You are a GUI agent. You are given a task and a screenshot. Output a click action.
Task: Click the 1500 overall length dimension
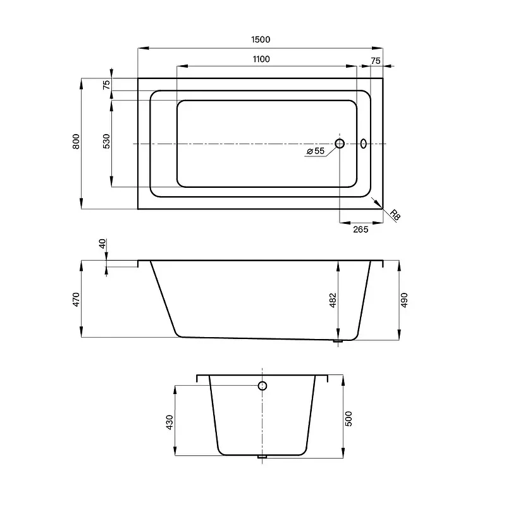[261, 39]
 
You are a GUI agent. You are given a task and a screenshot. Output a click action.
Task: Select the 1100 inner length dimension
[261, 59]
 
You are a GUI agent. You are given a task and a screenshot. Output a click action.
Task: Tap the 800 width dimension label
[76, 141]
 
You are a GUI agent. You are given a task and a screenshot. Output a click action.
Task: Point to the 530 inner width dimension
[106, 141]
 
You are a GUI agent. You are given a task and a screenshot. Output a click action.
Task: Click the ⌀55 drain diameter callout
[315, 151]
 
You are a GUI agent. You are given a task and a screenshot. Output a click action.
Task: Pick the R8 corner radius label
[395, 215]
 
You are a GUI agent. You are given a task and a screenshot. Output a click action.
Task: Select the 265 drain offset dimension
[361, 230]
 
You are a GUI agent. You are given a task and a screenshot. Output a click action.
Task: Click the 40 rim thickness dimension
[102, 244]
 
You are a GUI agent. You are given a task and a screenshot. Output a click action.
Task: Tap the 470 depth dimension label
[76, 299]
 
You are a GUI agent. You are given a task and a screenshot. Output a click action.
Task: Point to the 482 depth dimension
[333, 300]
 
